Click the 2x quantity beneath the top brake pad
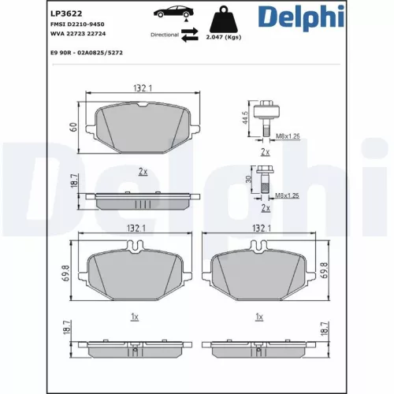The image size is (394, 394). [143, 170]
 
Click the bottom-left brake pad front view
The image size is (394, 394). [135, 276]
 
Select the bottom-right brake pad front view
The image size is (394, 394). [260, 276]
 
